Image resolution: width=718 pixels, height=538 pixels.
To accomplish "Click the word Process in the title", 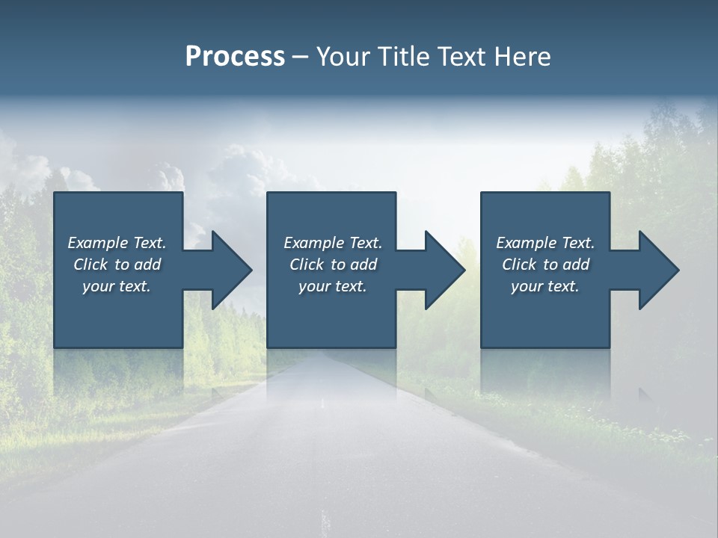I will click(x=235, y=57).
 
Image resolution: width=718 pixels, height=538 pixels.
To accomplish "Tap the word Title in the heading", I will click(x=402, y=57).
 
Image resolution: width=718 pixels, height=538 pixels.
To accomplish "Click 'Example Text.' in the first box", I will click(x=117, y=243).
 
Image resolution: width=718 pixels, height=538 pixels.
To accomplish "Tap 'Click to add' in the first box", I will click(x=117, y=265).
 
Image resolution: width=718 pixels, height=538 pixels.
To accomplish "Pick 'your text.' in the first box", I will click(x=117, y=286).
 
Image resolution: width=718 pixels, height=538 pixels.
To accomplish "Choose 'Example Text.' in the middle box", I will click(x=333, y=243).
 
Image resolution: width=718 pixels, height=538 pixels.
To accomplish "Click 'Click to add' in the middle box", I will click(x=333, y=265).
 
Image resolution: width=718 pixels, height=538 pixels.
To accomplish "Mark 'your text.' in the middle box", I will click(x=333, y=286).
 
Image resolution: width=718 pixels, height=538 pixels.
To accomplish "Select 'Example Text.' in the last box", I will click(x=545, y=243).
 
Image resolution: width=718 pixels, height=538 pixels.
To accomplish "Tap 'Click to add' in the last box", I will click(x=545, y=265).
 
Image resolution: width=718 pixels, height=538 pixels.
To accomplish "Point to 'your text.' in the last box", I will click(x=545, y=286).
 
